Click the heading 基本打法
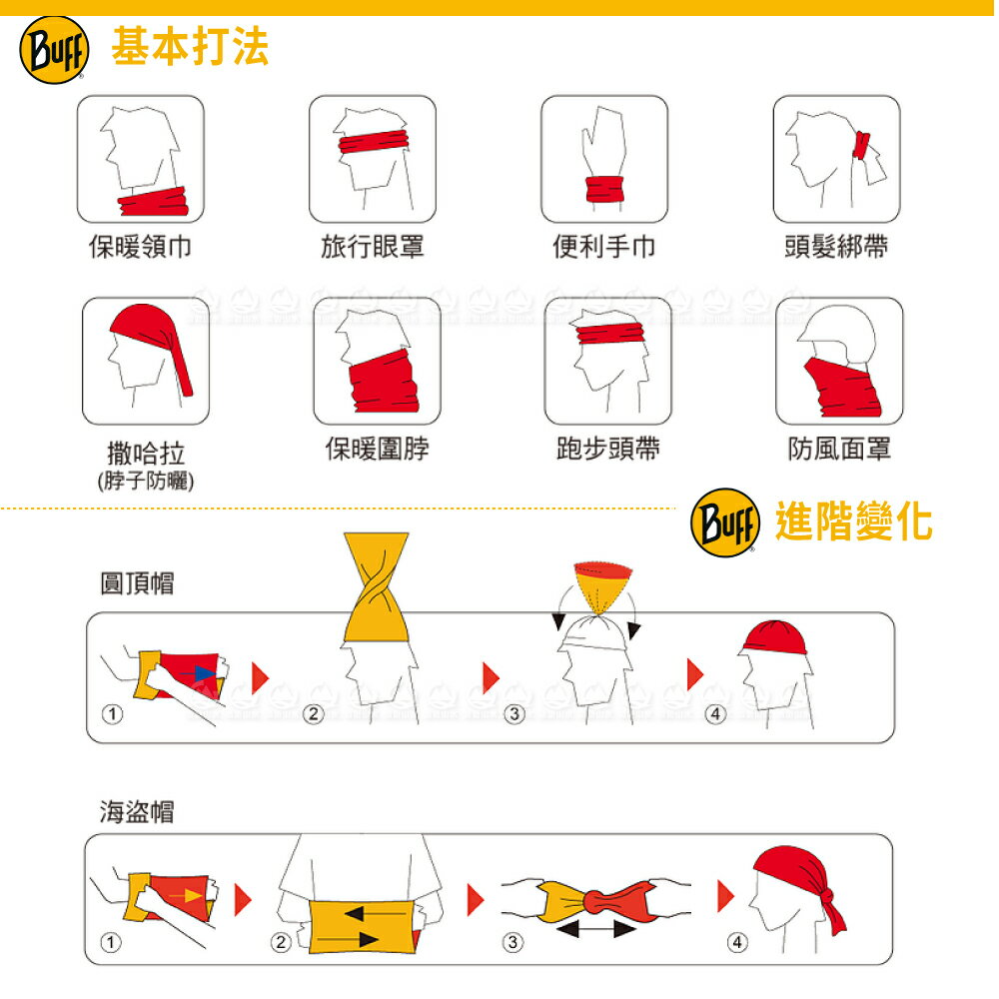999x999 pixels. click(190, 47)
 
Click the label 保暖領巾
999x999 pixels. click(139, 246)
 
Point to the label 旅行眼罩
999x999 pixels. click(372, 246)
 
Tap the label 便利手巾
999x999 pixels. click(604, 246)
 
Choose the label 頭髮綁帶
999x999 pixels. click(836, 246)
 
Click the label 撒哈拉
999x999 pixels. click(146, 455)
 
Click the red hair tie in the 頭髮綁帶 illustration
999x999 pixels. click(860, 146)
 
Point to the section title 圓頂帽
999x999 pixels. click(137, 583)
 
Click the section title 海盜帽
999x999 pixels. click(137, 811)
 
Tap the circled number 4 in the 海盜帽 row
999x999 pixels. click(737, 942)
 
